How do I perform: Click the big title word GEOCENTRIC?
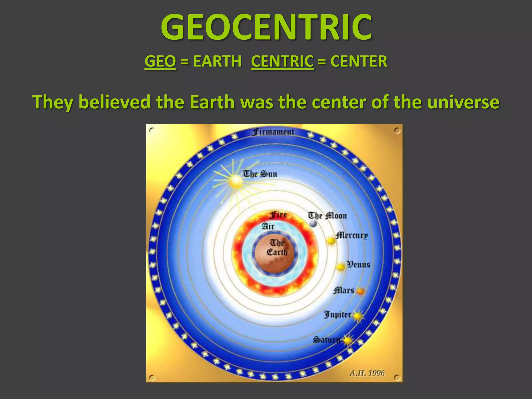[x=266, y=27]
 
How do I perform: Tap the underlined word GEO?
[x=160, y=62]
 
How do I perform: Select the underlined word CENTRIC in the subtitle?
[x=282, y=62]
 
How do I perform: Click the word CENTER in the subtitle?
[x=359, y=62]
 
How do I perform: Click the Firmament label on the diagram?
[x=273, y=132]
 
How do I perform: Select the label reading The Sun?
[x=260, y=174]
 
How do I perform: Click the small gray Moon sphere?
[x=314, y=223]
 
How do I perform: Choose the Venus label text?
[x=359, y=265]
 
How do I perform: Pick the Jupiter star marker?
[x=358, y=316]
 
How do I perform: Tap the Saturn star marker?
[x=348, y=340]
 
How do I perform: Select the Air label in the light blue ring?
[x=268, y=226]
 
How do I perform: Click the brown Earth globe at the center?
[x=275, y=256]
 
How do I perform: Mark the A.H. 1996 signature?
[x=367, y=373]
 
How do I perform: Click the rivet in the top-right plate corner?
[x=397, y=130]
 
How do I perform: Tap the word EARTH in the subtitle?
[x=217, y=62]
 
